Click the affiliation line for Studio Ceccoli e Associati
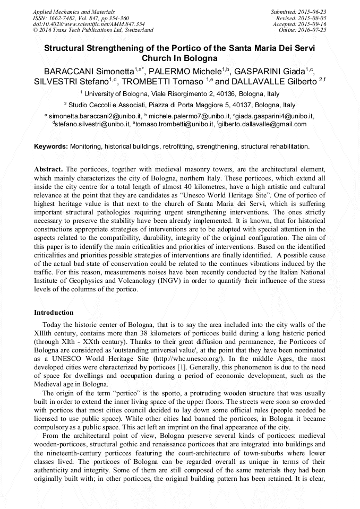click(181, 105)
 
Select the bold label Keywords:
click(51, 146)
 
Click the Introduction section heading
click(54, 313)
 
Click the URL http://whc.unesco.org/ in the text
click(185, 359)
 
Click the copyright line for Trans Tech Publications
click(93, 30)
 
